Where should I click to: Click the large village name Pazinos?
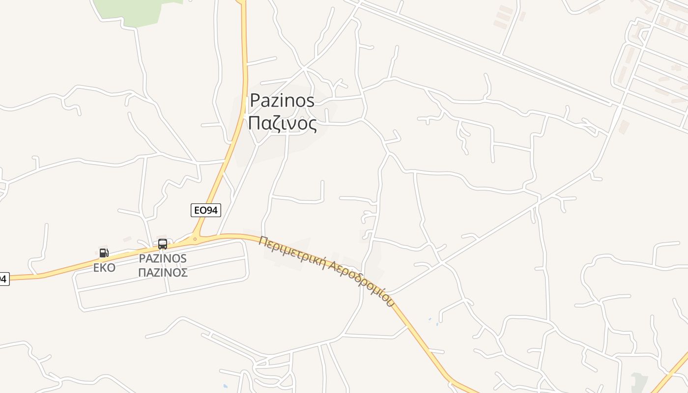tap(282, 100)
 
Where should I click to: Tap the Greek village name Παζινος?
tap(282, 123)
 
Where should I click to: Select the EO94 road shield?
tap(206, 210)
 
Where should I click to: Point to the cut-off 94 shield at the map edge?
tap(3, 279)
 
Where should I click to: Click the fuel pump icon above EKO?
tap(104, 253)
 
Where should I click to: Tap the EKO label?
tap(104, 268)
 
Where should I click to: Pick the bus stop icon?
tap(163, 244)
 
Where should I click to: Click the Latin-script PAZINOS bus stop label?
tap(163, 258)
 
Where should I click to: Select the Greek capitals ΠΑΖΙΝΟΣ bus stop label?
tap(163, 273)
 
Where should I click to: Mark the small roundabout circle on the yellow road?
tap(195, 240)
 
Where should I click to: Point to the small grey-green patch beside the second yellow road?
tap(639, 382)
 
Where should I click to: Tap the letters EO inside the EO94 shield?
tap(200, 210)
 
